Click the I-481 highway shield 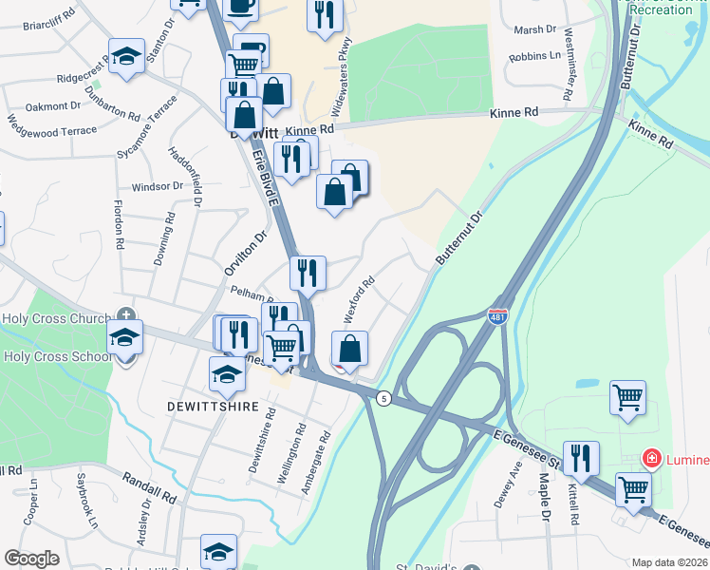(x=496, y=316)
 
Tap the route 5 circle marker (x=383, y=397)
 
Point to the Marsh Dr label (x=535, y=29)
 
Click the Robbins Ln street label (x=534, y=57)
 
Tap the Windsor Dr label (x=157, y=186)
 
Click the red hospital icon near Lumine (x=651, y=459)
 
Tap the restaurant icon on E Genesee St (x=581, y=458)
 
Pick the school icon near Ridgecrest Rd (x=126, y=56)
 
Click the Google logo (x=31, y=559)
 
